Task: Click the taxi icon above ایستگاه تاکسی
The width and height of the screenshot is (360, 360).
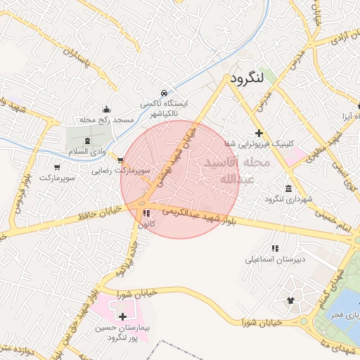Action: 164,92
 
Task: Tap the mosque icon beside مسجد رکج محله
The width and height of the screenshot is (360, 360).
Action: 106,109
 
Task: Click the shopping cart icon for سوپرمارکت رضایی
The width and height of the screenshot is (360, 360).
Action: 120,160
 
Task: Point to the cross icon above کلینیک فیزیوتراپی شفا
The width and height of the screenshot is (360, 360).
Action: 259,133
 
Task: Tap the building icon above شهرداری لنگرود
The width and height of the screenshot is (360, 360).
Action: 289,188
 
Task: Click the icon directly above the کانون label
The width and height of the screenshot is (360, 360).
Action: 146,213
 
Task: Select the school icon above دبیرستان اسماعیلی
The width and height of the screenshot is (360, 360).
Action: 275,247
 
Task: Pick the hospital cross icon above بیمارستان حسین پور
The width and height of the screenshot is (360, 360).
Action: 123,317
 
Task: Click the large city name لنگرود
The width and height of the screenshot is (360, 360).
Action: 246,78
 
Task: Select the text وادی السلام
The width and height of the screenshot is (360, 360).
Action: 86,152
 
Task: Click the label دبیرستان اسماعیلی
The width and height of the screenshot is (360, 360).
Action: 266,259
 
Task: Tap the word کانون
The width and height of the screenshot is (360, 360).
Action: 146,224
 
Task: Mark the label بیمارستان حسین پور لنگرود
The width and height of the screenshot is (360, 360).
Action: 124,333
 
